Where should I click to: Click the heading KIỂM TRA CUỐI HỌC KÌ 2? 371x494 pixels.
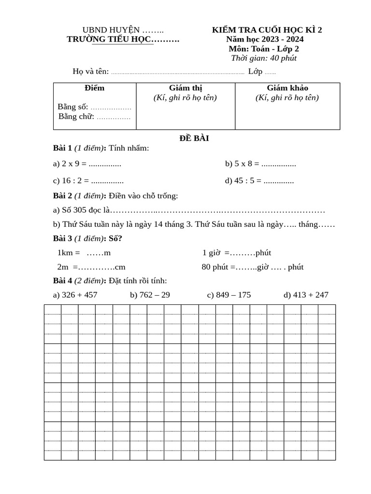pos(267,30)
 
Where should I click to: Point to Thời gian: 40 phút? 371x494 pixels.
pos(264,58)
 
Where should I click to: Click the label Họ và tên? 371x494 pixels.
pos(91,72)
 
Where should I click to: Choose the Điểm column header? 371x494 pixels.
pos(94,88)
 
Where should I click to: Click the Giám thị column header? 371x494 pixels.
pos(185,88)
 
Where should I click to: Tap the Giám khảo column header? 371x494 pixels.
pos(287,88)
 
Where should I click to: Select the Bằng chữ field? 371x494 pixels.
pos(95,116)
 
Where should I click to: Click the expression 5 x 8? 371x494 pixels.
pos(243,164)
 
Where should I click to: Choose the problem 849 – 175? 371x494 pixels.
pos(229,295)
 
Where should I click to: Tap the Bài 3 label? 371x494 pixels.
pos(62,239)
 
